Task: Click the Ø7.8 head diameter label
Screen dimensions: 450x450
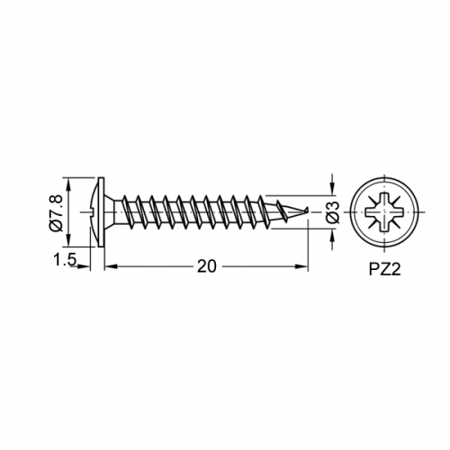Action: click(56, 212)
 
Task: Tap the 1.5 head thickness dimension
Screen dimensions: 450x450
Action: click(64, 259)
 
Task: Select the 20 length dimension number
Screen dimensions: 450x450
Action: click(207, 266)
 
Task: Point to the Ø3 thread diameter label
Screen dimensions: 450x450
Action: click(332, 212)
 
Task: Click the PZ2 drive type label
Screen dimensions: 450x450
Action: click(384, 269)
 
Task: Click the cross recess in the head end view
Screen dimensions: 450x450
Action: click(385, 212)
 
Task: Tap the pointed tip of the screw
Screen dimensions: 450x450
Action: click(308, 209)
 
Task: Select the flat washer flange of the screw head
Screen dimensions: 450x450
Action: click(102, 212)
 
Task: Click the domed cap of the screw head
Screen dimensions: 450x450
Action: click(94, 212)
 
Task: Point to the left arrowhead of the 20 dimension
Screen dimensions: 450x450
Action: click(111, 266)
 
